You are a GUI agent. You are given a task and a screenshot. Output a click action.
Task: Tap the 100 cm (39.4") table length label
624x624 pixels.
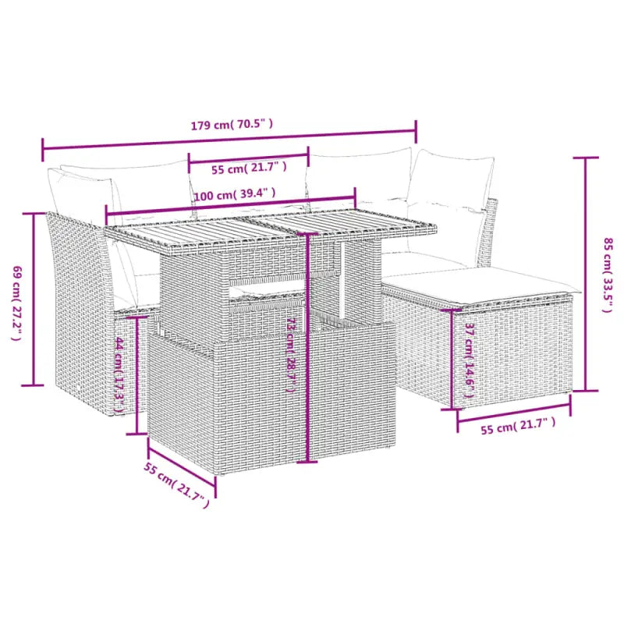pos(235,194)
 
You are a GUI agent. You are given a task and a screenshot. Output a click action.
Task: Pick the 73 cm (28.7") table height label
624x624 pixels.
pos(291,356)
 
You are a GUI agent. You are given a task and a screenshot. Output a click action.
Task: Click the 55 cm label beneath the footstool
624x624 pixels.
pos(519,425)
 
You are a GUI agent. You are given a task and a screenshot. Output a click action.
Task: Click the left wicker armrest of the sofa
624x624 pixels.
pos(74,304)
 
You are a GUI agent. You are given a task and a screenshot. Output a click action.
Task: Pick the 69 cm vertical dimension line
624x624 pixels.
pos(34,300)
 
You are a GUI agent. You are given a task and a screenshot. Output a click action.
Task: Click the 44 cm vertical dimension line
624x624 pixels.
pos(136,363)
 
